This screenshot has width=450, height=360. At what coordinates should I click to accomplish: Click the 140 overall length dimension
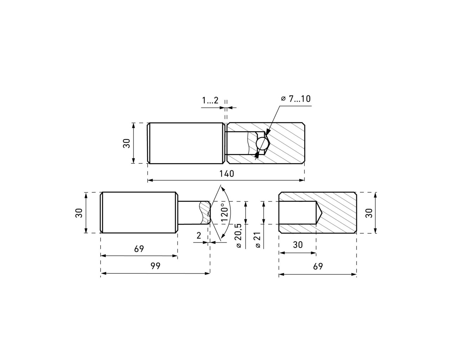click(226, 174)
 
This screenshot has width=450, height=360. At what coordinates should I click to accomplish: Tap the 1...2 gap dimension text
click(210, 101)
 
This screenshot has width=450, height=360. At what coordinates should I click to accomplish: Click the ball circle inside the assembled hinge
click(262, 144)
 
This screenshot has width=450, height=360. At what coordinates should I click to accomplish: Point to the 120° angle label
click(224, 212)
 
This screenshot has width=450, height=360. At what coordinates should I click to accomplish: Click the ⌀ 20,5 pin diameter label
click(239, 236)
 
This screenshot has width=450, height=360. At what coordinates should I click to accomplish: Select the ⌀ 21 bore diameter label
click(258, 240)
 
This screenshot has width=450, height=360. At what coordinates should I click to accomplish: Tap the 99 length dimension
click(155, 266)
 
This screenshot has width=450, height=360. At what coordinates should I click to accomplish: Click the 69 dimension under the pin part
click(139, 249)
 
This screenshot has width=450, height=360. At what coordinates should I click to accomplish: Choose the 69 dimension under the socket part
click(318, 266)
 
